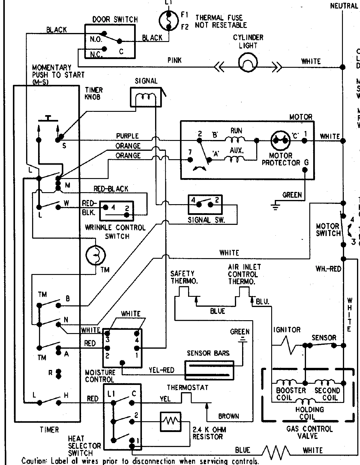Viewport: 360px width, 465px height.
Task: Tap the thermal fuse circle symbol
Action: (x=169, y=21)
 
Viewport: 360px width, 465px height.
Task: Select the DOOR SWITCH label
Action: (x=115, y=20)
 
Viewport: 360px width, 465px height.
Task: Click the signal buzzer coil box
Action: (x=145, y=97)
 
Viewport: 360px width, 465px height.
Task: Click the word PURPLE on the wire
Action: (x=127, y=136)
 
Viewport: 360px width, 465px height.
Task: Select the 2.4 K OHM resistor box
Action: (x=170, y=422)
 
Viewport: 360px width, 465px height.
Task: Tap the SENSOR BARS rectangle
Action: (x=209, y=369)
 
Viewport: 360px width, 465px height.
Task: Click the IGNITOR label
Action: (x=287, y=330)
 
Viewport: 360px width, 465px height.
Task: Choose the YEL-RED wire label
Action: (x=161, y=370)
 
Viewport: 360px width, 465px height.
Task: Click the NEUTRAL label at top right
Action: (x=343, y=6)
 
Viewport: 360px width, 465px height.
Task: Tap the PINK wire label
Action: (x=174, y=60)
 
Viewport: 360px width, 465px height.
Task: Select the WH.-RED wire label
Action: (x=328, y=269)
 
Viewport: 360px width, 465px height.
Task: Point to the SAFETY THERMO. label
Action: (x=182, y=277)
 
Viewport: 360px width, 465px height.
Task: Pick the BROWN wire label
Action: (x=229, y=416)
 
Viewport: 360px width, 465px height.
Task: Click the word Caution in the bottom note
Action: (x=34, y=461)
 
